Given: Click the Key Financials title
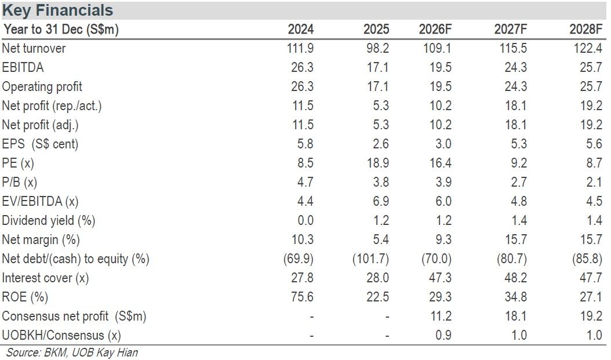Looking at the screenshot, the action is point(57,10).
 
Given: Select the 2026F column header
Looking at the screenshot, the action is point(435,29).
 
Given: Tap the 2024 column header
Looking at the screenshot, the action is point(300,29).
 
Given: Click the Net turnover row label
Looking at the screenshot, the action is point(34,48).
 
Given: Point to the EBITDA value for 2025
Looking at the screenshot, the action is point(377,67).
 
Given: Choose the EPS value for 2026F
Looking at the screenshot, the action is point(443,144).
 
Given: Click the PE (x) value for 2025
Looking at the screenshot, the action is point(377,163).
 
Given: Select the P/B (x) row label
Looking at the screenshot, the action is point(20,182).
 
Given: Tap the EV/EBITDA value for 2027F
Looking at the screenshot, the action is point(519,201).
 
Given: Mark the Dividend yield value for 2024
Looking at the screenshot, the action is point(305,220).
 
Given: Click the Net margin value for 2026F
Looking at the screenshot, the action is point(443,239).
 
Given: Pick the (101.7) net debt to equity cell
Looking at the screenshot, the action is point(370,259).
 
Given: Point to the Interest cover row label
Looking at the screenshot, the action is point(45,278).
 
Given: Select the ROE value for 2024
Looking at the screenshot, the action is point(302,297).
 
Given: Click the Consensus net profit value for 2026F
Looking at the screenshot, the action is point(441,316).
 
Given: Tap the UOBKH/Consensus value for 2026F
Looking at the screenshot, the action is point(443,335).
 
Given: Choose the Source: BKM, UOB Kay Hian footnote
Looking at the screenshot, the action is point(72,352).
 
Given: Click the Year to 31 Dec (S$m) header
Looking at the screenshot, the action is point(60,29).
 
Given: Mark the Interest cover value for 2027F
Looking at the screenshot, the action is point(515,278).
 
